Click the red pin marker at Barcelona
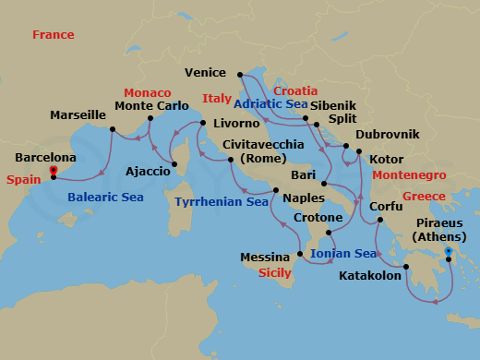tap(54, 171)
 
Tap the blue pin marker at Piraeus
tap(449, 251)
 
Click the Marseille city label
tap(78, 115)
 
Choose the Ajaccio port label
tap(148, 171)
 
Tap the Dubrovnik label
tap(387, 135)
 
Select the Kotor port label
tap(386, 159)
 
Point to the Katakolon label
tap(370, 275)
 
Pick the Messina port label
tap(265, 257)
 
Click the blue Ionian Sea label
tap(342, 253)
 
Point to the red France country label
tap(53, 35)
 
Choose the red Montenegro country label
tap(409, 174)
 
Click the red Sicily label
tap(274, 274)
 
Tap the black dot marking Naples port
tap(274, 191)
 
